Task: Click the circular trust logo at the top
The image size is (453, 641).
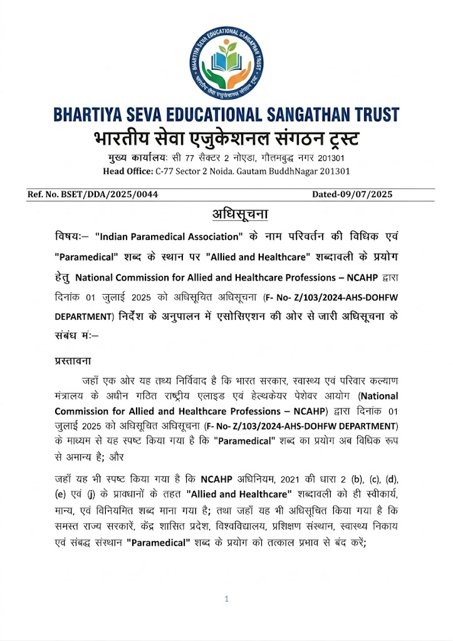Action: [226, 65]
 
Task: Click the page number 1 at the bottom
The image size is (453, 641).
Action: [226, 600]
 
